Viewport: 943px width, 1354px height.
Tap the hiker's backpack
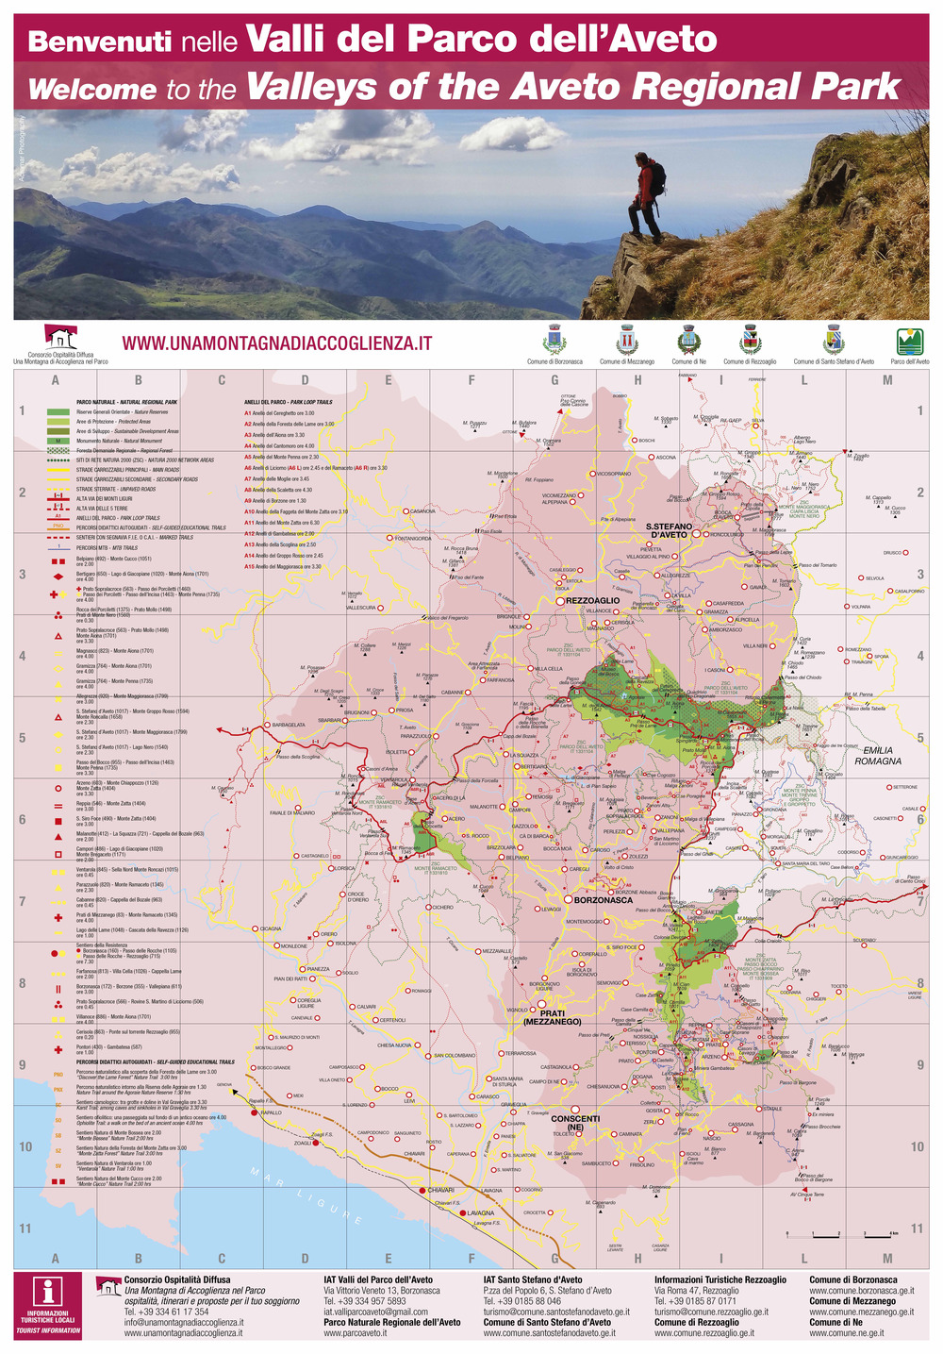[657, 177]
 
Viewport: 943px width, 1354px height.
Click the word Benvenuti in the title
[100, 42]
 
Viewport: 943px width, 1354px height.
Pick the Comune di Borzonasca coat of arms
[554, 340]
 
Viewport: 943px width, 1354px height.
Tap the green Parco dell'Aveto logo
[909, 341]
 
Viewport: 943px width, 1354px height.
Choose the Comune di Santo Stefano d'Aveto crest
[834, 340]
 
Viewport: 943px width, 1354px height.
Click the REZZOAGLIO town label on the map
[592, 600]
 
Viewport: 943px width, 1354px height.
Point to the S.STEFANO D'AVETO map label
[669, 530]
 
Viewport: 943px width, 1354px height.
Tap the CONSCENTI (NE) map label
[574, 1123]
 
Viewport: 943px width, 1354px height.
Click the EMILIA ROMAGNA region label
[877, 755]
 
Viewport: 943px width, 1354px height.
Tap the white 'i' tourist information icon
[47, 1292]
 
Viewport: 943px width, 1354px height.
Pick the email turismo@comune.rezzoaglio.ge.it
[711, 1312]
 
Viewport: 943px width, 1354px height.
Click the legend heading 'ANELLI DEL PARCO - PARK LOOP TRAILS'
[288, 402]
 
